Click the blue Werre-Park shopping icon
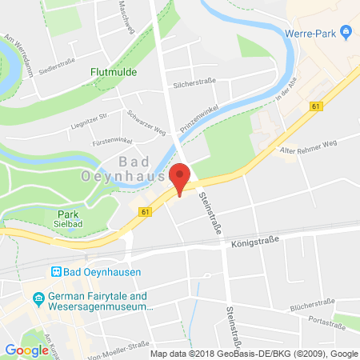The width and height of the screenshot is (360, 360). [346, 33]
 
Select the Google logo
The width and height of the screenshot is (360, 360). [26, 350]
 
